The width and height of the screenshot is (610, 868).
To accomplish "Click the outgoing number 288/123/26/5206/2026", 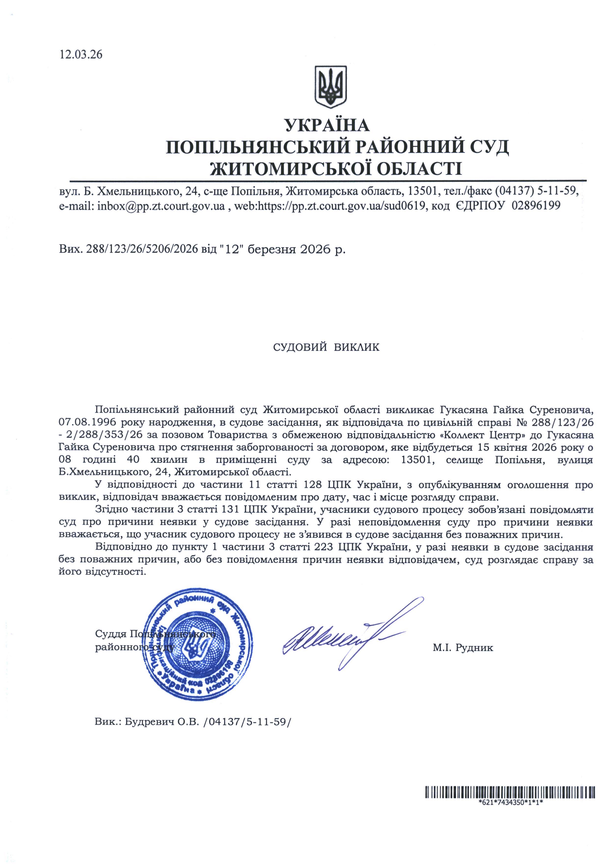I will tap(142, 249).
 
